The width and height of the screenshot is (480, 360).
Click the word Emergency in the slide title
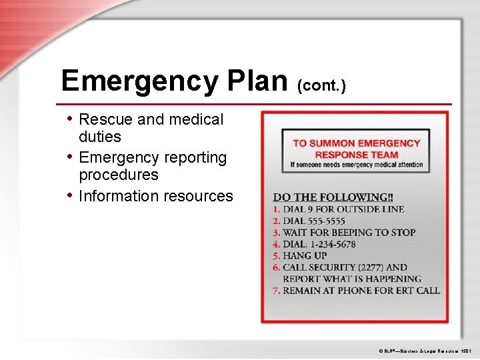[138, 81]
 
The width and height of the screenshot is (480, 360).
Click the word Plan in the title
[257, 81]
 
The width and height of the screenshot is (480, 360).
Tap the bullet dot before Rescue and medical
[71, 119]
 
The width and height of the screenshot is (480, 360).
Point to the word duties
[100, 137]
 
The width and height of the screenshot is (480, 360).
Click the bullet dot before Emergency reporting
[71, 157]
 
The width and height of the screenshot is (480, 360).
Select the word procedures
[119, 175]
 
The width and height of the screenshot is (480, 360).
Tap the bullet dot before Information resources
[71, 195]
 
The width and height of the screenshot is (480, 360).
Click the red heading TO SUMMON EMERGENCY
[356, 143]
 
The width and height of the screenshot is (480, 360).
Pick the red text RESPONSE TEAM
[356, 154]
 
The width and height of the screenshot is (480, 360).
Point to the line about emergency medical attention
[356, 165]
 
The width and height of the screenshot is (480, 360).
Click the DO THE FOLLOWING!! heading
[333, 197]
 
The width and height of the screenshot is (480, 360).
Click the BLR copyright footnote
[424, 350]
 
